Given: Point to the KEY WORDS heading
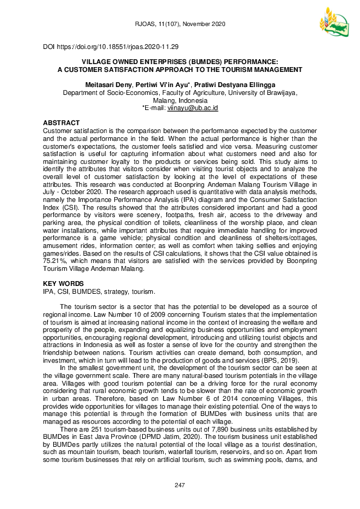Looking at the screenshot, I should (x=64, y=284).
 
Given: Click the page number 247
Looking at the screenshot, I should (x=180, y=485).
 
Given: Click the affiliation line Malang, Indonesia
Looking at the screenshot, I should (x=180, y=100).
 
